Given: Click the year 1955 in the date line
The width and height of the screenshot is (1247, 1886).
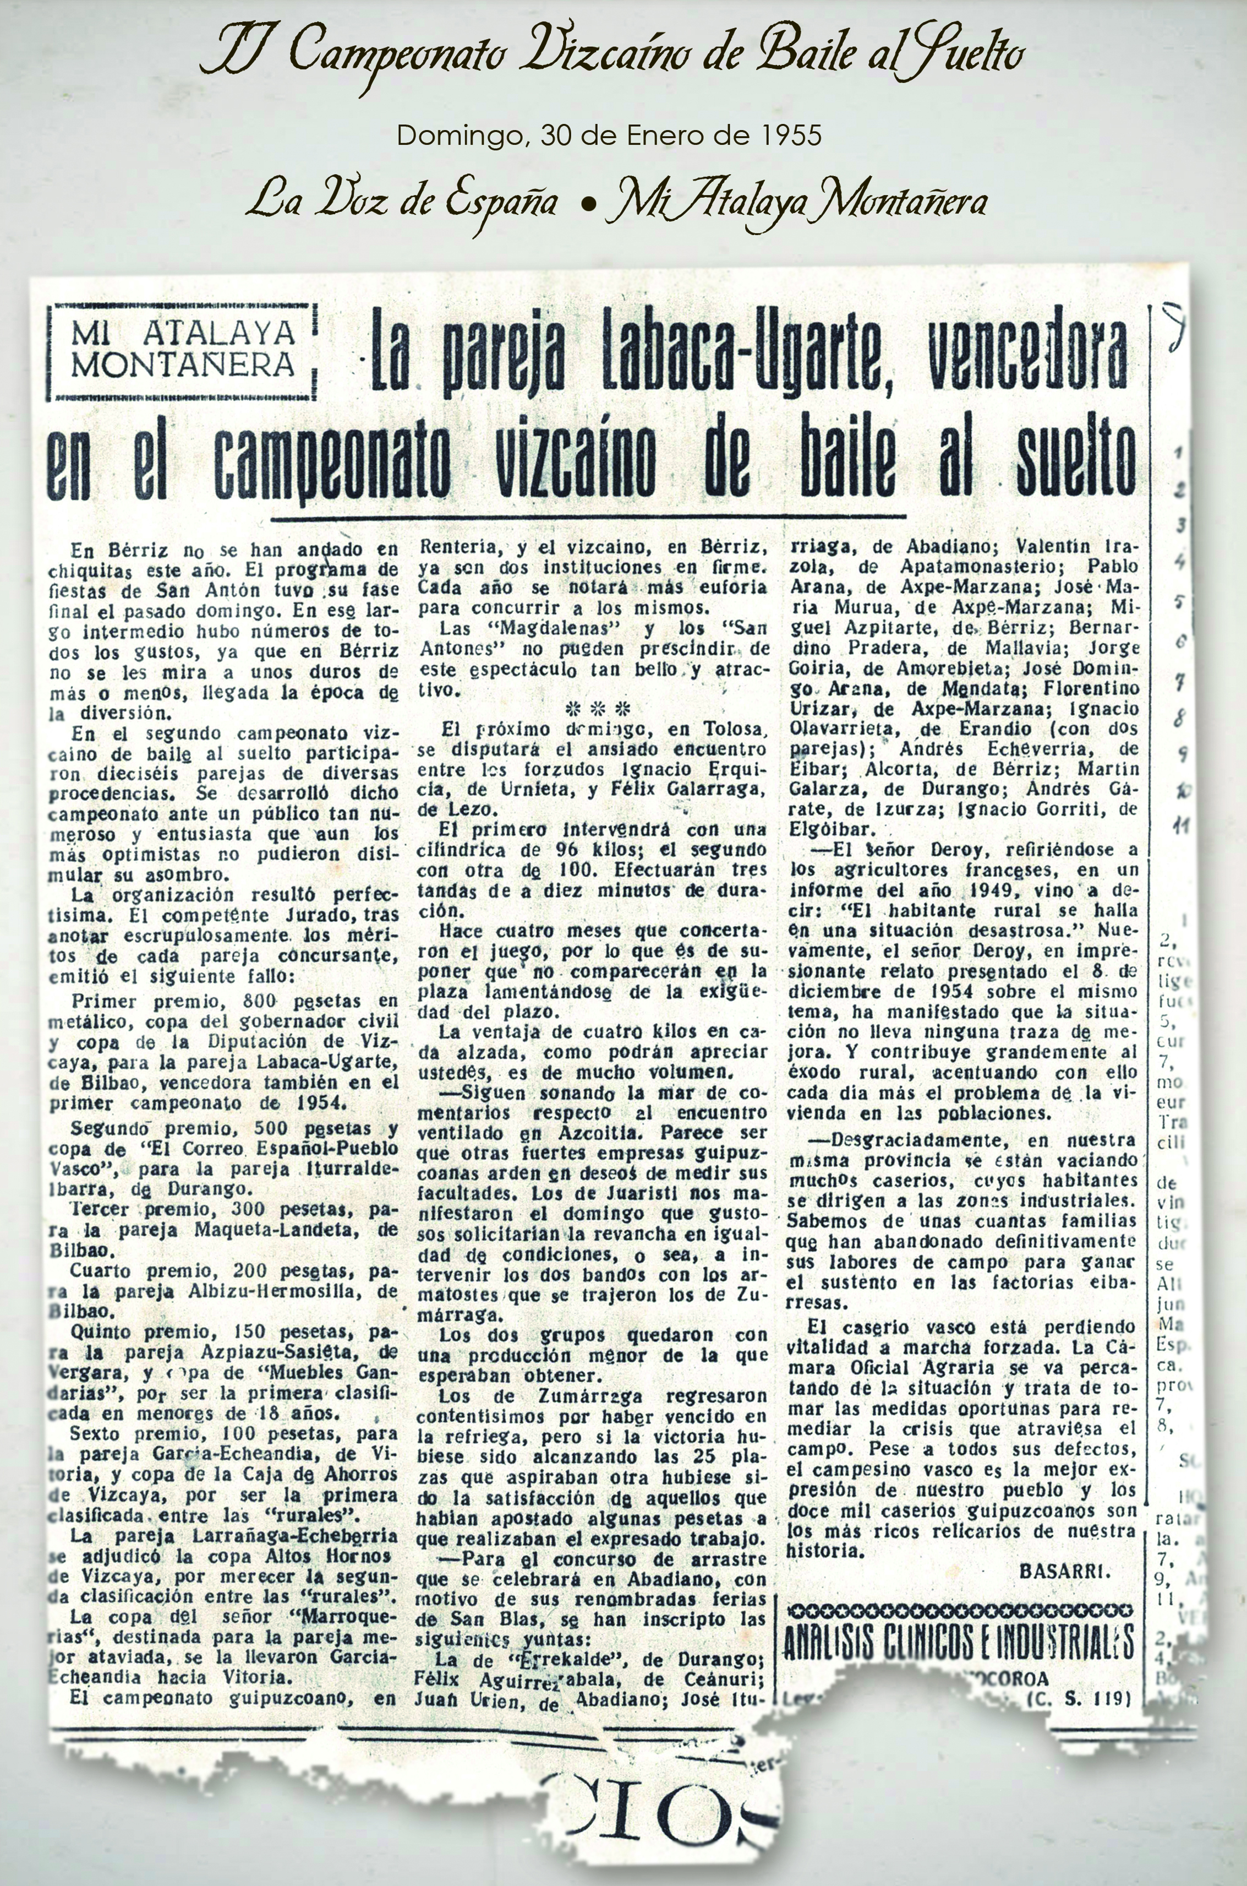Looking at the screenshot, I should click(790, 136).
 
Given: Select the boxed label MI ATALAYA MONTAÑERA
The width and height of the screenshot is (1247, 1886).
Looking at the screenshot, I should click(182, 351).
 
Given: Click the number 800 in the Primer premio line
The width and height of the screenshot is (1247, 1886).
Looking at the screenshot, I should click(259, 1001).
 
